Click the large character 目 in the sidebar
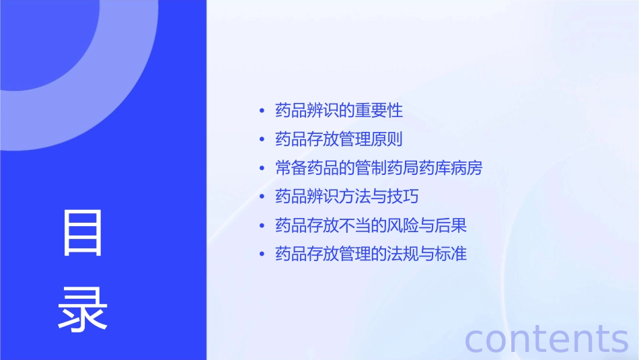click(x=83, y=233)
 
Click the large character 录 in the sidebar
click(x=83, y=308)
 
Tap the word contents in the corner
click(x=547, y=338)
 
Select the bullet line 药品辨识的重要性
click(x=339, y=110)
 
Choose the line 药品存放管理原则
click(x=339, y=139)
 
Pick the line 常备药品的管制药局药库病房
click(x=379, y=168)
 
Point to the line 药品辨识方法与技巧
click(x=347, y=197)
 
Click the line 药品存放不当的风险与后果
click(x=371, y=225)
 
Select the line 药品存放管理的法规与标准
click(x=371, y=254)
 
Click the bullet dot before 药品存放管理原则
click(x=262, y=140)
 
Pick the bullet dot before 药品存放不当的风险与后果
click(x=262, y=226)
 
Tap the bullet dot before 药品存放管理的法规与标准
click(x=262, y=255)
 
